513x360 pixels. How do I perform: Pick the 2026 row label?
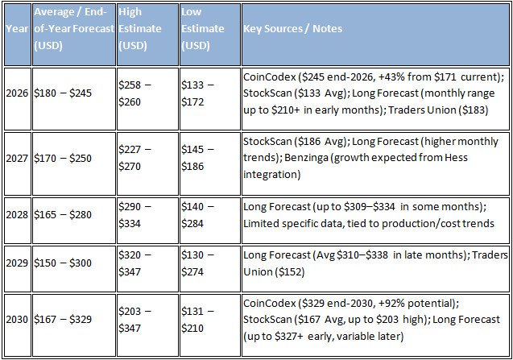tap(16, 93)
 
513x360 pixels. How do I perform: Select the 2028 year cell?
tap(16, 215)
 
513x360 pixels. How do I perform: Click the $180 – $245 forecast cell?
tap(64, 93)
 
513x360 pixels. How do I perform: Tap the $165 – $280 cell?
tap(64, 215)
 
